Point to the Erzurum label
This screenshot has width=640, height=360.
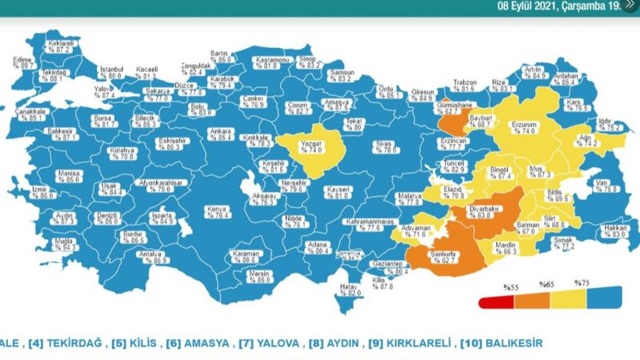[527, 126]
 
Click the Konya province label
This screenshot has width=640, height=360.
[217, 211]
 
